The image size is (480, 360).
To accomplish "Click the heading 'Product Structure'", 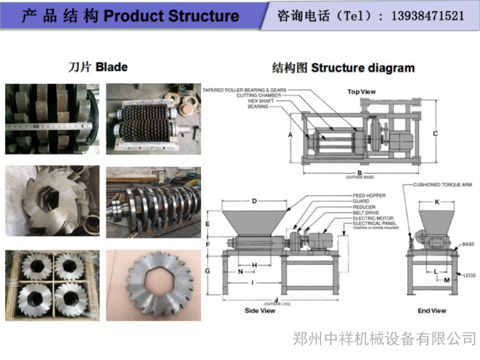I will point(171,16).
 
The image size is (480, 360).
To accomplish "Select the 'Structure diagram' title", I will point(344,68).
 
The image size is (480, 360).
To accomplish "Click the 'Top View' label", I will point(361,91).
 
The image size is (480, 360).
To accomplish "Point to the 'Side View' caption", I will point(260,311).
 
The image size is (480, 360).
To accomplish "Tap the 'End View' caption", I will point(432,311).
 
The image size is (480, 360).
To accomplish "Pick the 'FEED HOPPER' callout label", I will point(369,195).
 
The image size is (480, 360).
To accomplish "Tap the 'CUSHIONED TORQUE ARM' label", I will point(442,184).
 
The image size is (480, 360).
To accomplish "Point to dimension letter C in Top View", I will point(435,134).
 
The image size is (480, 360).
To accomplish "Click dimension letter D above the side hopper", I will point(254,201).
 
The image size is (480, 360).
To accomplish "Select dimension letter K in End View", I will point(437,202).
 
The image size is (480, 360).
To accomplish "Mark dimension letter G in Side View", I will point(209,271).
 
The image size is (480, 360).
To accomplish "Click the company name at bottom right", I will point(384,338).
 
